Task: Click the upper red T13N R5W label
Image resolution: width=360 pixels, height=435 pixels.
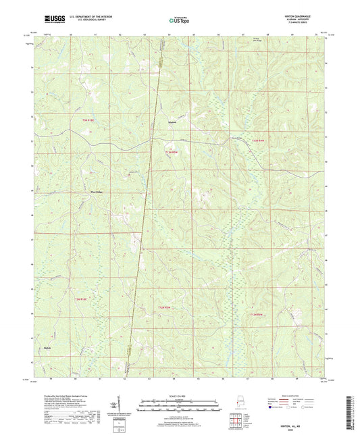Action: [x=172, y=153]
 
